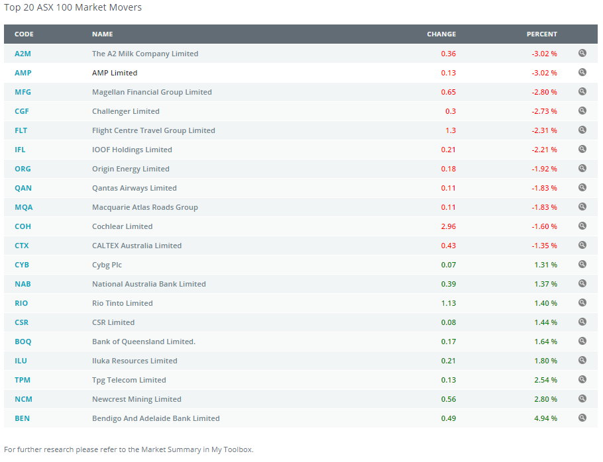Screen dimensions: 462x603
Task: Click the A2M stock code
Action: point(23,54)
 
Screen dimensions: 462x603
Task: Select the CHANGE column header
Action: point(441,34)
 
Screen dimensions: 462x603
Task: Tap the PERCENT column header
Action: point(541,34)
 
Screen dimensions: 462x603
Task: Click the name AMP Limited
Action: point(115,73)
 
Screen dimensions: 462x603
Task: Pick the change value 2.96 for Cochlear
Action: point(448,226)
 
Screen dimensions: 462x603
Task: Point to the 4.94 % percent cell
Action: point(545,418)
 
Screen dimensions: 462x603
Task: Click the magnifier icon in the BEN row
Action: point(582,418)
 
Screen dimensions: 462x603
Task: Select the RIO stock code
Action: point(21,303)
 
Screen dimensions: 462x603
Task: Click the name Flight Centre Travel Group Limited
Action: point(153,130)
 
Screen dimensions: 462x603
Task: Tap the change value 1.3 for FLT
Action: point(451,130)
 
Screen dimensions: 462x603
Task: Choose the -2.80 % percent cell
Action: point(544,92)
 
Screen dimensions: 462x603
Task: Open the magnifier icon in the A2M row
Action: point(582,53)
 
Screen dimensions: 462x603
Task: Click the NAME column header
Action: point(102,34)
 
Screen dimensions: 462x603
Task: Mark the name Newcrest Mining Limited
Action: point(137,399)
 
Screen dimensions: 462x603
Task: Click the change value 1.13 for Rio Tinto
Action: point(448,303)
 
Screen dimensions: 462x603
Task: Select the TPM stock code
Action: point(23,380)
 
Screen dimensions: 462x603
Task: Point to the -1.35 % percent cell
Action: point(544,246)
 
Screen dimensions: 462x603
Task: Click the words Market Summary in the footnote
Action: point(174,449)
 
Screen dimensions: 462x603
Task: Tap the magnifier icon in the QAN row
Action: point(582,187)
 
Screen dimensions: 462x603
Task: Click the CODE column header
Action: point(24,34)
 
